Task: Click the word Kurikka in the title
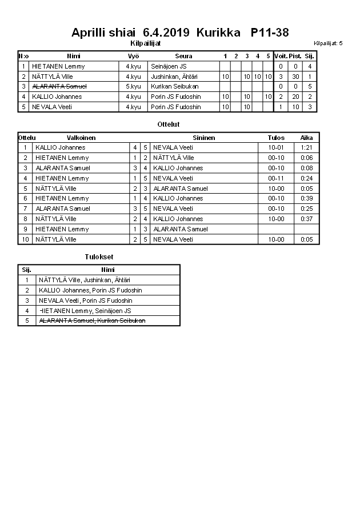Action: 218,33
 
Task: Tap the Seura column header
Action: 183,56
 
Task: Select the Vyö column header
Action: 133,56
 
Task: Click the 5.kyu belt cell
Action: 133,86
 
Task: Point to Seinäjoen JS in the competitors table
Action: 169,66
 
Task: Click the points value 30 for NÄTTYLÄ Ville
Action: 295,77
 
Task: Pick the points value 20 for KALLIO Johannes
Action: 295,97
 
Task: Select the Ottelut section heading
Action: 168,124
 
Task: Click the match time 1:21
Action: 306,147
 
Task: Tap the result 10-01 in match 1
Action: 275,147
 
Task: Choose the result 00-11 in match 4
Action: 275,178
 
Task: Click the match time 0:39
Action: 306,198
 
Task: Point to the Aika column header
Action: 306,138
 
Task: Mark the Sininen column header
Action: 203,138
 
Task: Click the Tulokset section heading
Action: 99,257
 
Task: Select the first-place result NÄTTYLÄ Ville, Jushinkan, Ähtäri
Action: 84,280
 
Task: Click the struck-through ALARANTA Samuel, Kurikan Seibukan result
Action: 91,320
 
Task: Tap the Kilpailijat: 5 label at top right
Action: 328,43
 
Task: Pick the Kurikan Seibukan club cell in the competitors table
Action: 174,86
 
